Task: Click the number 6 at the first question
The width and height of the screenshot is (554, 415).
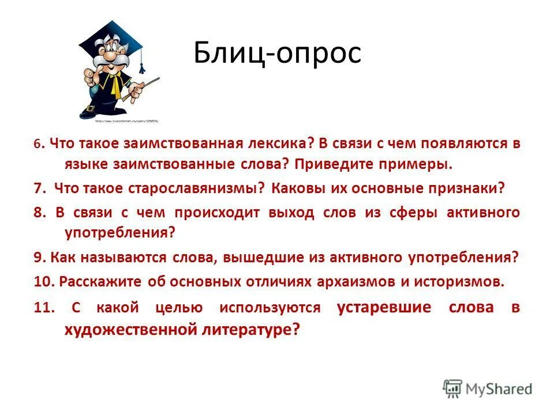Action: click(38, 145)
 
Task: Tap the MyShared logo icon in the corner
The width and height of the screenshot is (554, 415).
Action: click(452, 388)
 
